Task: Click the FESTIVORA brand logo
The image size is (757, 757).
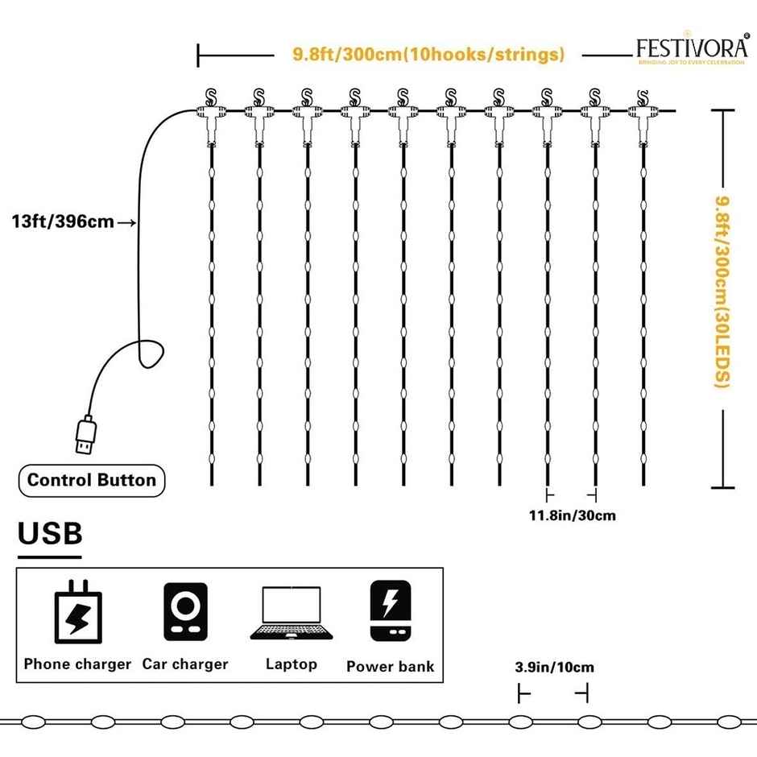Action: tap(690, 51)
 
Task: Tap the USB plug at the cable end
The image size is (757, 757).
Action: tap(83, 436)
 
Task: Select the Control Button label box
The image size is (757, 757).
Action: tap(92, 481)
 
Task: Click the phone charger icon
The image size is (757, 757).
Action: tap(77, 615)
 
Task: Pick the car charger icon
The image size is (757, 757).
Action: tap(185, 612)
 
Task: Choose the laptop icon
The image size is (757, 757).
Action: tap(291, 614)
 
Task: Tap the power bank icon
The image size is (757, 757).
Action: tap(391, 611)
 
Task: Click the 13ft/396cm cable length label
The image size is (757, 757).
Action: tap(63, 221)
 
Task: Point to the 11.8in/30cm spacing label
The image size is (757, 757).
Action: tap(572, 515)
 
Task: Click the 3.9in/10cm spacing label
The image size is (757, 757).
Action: tap(554, 667)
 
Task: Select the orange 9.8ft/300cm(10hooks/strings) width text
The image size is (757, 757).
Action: tap(428, 55)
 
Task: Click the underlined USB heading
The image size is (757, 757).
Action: tap(50, 534)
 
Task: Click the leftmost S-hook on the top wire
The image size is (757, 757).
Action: tap(212, 97)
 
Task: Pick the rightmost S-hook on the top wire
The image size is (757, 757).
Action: tap(642, 97)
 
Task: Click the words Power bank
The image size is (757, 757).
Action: tap(391, 667)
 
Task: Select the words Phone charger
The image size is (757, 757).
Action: tap(77, 664)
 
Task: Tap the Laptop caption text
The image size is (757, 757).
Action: tap(292, 664)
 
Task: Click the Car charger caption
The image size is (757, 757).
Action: tap(185, 664)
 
